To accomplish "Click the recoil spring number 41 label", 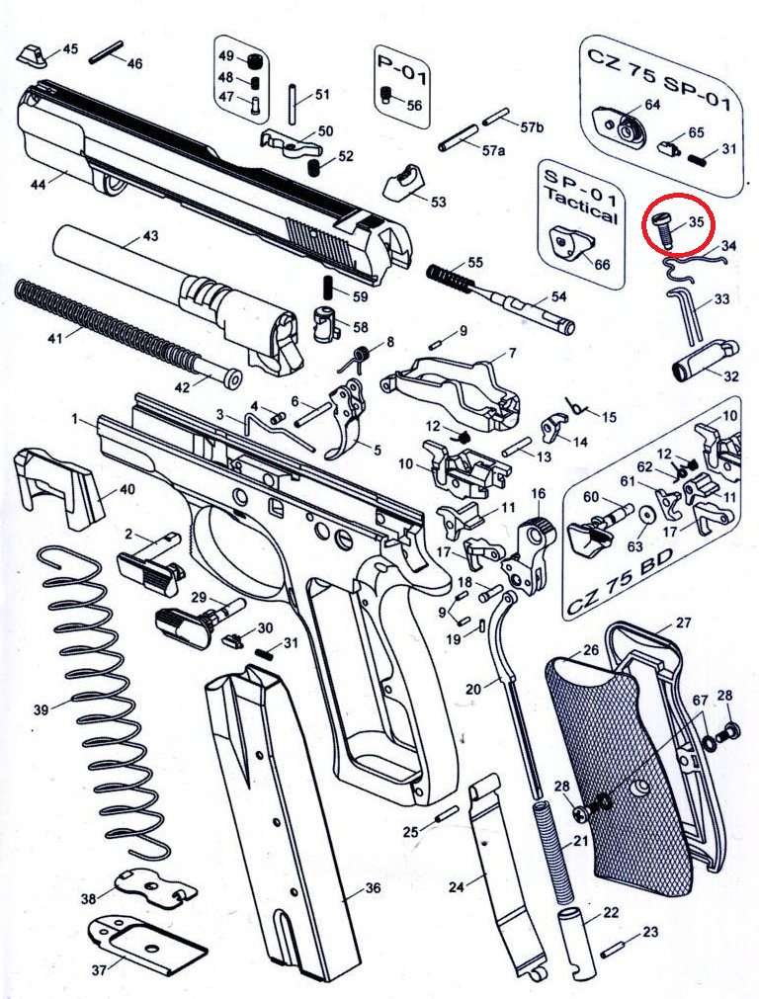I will click(54, 337).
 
